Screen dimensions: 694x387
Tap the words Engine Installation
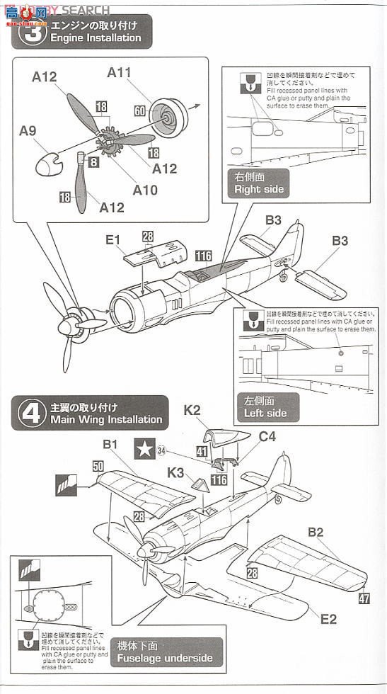pyautogui.click(x=96, y=38)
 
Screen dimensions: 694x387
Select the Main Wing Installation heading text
pyautogui.click(x=106, y=419)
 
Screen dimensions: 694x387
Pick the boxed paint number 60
pyautogui.click(x=139, y=111)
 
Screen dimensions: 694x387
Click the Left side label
pyautogui.click(x=265, y=413)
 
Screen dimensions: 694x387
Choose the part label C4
pyautogui.click(x=267, y=438)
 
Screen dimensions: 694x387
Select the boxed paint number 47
pyautogui.click(x=364, y=598)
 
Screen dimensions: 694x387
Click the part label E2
pyautogui.click(x=328, y=619)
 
